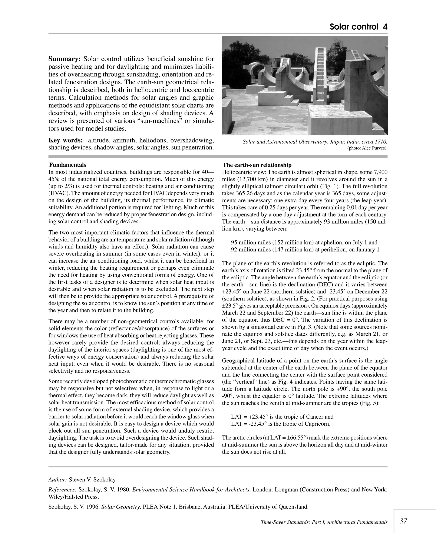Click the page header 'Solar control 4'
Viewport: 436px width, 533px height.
[x=358, y=27]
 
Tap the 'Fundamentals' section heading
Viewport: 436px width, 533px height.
[x=67, y=165]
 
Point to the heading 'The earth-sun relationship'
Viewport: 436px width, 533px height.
[x=257, y=165]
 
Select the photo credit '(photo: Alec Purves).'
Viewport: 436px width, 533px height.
[x=367, y=148]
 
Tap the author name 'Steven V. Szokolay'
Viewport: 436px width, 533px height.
[x=92, y=480]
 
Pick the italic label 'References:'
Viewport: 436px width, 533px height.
[x=62, y=490]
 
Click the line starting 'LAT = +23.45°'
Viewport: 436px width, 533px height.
[x=282, y=417]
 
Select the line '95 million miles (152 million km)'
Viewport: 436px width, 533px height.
[x=304, y=242]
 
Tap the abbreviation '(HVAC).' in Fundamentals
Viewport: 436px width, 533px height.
[x=57, y=193]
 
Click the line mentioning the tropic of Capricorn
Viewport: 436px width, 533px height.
[x=281, y=424]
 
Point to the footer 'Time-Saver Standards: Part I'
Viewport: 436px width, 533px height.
[x=324, y=522]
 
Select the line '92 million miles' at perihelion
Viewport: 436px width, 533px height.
[x=305, y=249]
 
